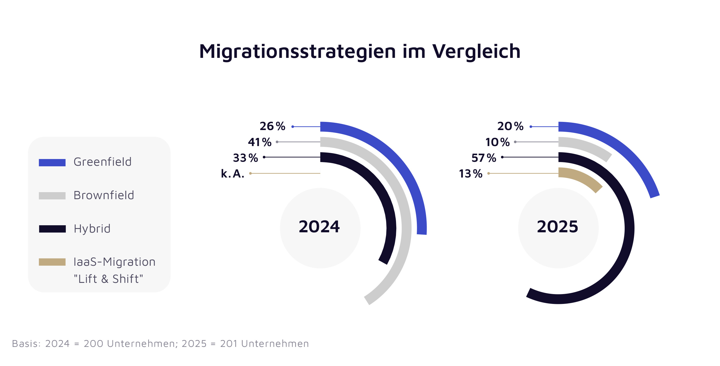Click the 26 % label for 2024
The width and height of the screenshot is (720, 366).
tap(272, 126)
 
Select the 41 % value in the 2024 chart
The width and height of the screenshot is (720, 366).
tap(260, 142)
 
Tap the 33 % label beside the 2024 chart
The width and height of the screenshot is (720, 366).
tap(245, 158)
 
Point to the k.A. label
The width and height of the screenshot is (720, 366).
tap(233, 174)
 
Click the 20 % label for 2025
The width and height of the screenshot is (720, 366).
tap(510, 126)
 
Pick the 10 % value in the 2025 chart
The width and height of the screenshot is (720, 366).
tap(497, 142)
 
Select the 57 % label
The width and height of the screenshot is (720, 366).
tap(484, 158)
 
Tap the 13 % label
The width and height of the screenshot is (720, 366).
tap(471, 174)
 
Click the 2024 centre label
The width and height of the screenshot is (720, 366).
tap(319, 227)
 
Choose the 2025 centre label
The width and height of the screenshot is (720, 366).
tap(557, 227)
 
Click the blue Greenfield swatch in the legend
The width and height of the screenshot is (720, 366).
tap(52, 163)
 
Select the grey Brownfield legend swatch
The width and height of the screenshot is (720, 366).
tap(52, 196)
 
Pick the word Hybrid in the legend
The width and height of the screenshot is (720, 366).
tap(92, 229)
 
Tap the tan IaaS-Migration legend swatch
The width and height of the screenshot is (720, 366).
tap(52, 262)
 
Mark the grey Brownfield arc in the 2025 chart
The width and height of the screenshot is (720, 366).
tap(588, 147)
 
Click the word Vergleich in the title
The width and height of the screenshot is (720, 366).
tap(476, 51)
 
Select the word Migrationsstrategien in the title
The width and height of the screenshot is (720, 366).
tap(298, 51)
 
